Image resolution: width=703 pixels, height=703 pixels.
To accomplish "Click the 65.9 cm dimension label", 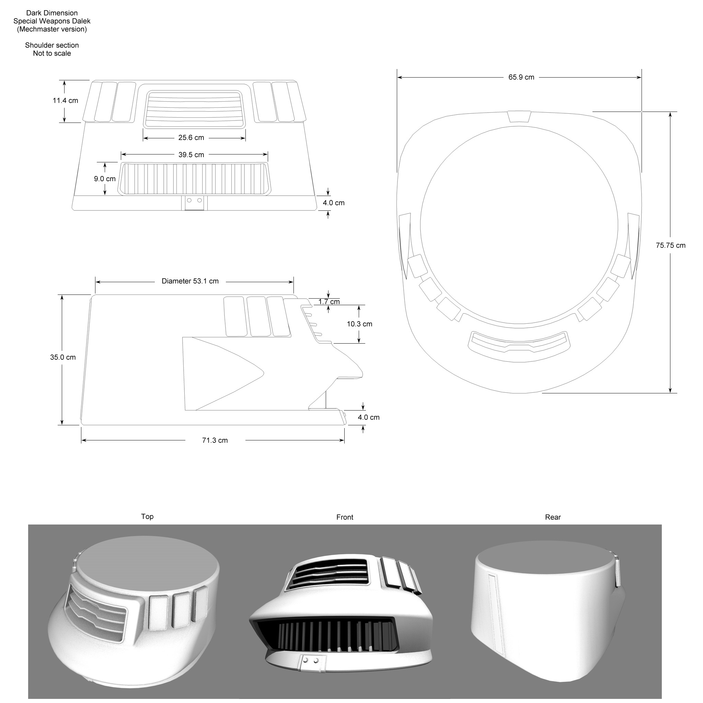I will (x=521, y=77).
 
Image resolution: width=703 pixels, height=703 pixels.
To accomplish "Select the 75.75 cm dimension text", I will (x=670, y=246).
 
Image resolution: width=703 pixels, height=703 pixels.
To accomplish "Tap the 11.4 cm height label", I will (x=65, y=101).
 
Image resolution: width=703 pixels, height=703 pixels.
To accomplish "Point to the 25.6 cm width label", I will (x=191, y=138).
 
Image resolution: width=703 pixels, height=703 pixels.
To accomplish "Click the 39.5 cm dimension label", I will (x=191, y=155).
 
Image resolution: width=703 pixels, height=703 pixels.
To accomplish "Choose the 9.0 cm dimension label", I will (x=104, y=178).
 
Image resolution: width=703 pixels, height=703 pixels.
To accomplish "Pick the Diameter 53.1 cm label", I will (x=190, y=281).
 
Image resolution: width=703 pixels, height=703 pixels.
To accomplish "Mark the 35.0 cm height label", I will (x=62, y=357).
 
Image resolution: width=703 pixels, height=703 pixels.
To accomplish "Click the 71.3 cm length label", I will (x=215, y=440).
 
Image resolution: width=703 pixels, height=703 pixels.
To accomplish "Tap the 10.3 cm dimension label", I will (x=359, y=324).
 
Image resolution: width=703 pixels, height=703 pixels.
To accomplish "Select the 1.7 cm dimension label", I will (x=329, y=302).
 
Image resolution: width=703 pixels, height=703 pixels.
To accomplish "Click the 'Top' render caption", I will (x=147, y=516).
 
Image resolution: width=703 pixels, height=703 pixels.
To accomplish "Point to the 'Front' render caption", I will (x=345, y=517).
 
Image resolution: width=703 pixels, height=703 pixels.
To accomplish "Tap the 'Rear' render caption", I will (x=553, y=517).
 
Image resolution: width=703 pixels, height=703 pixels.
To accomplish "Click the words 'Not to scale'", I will (x=52, y=54).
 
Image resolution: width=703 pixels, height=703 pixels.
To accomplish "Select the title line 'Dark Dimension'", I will (x=52, y=13).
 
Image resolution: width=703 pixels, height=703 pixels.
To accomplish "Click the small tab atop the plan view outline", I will (x=519, y=116).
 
